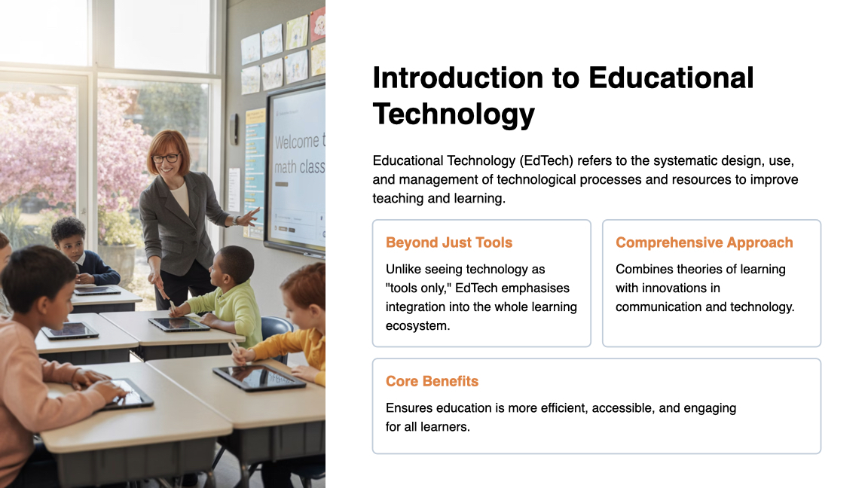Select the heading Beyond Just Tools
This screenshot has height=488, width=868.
click(x=449, y=242)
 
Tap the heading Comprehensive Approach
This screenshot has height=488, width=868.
click(x=704, y=242)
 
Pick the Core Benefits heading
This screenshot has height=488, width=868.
click(x=432, y=381)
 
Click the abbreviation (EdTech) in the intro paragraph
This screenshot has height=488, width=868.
click(x=543, y=161)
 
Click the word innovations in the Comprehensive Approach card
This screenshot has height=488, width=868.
click(x=668, y=288)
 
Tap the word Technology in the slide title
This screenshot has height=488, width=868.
click(x=454, y=114)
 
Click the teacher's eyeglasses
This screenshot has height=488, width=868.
click(x=166, y=158)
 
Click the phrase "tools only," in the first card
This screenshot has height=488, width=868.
click(x=417, y=288)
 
